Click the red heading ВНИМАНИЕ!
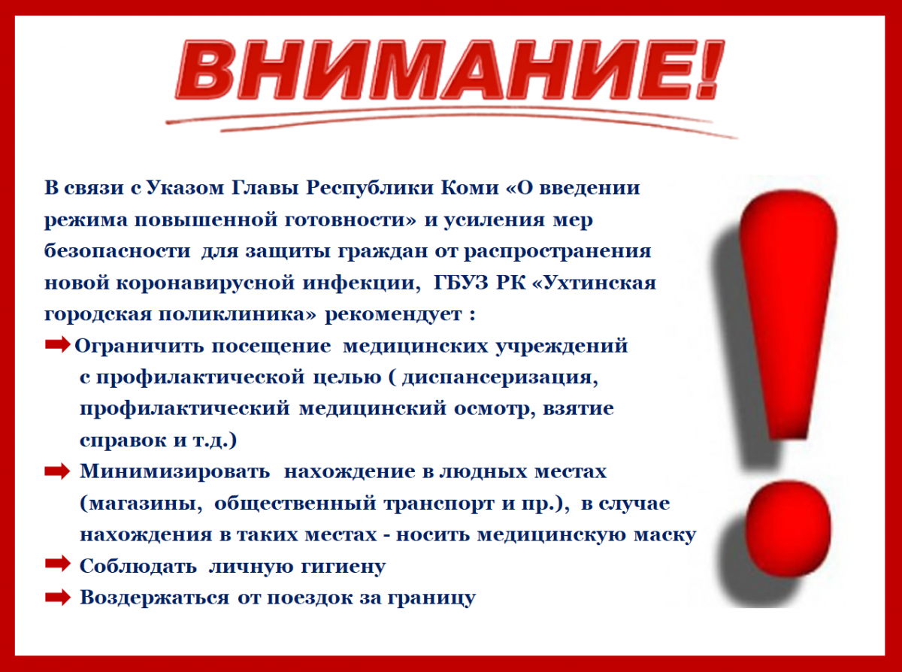click(x=449, y=70)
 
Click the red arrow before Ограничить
click(x=58, y=345)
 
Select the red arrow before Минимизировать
click(x=58, y=471)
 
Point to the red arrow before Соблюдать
click(x=58, y=564)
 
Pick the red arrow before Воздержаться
click(x=58, y=597)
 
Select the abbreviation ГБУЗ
click(x=460, y=283)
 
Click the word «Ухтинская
click(x=594, y=283)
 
